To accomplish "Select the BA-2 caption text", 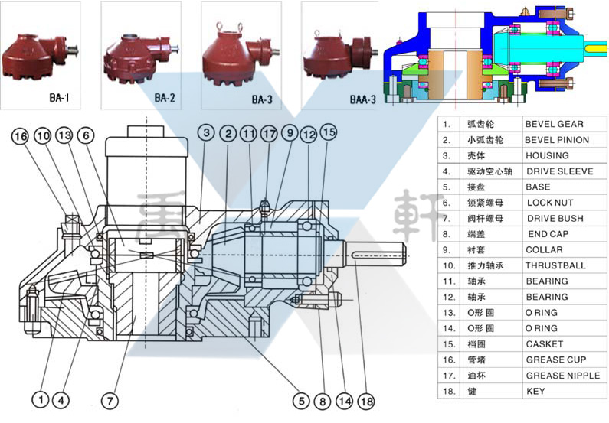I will [x=165, y=99].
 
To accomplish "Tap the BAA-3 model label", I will [x=363, y=100].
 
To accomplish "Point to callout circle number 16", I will [x=21, y=136].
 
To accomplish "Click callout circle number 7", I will [x=110, y=399].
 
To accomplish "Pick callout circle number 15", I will [x=329, y=131].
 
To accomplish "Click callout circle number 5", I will [x=303, y=399].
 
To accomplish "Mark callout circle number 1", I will [x=38, y=399].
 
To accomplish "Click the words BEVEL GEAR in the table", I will [x=554, y=124].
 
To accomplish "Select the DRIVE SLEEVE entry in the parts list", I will [x=558, y=171].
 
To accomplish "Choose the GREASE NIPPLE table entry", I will [x=562, y=376].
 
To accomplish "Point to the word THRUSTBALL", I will [x=555, y=265].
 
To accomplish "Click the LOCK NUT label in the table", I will [x=550, y=203].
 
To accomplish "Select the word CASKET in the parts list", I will [x=544, y=344].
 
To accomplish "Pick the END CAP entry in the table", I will [x=548, y=234].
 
